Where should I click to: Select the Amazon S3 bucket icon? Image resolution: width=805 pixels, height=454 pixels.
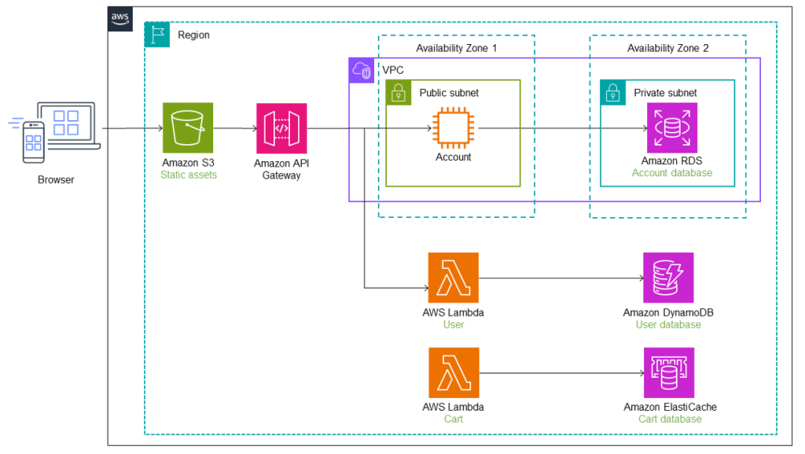point(187,127)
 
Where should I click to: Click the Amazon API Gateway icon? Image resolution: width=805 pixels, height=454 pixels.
point(281,127)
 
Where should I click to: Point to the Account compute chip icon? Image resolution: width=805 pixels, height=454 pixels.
point(453,127)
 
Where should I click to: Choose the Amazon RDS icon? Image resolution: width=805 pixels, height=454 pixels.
point(671,127)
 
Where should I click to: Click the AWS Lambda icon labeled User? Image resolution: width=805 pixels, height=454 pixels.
point(453,278)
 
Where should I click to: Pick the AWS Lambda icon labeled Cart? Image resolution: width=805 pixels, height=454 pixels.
point(453,373)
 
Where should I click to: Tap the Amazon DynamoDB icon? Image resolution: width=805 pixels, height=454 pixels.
point(668,278)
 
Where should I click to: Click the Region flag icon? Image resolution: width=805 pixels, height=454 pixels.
point(157,35)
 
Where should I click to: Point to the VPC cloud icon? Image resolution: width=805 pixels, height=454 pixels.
point(362,70)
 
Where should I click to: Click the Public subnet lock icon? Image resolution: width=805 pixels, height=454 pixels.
point(399,92)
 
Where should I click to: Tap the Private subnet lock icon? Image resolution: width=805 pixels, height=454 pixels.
point(612,92)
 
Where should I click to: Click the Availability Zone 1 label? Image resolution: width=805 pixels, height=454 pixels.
point(456,49)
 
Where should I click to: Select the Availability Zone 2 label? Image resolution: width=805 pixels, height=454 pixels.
point(667,49)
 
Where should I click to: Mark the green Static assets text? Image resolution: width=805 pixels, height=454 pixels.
point(188,175)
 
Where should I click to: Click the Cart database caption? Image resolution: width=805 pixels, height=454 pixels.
point(670,419)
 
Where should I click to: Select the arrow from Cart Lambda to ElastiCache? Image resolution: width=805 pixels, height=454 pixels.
point(560,373)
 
